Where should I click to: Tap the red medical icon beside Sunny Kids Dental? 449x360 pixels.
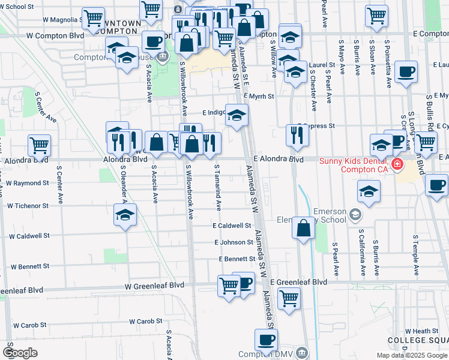(x=397, y=164)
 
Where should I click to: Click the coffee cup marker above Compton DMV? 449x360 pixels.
(x=266, y=340)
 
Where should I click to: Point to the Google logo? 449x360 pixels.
(x=20, y=353)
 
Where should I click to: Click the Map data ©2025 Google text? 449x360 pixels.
(x=411, y=355)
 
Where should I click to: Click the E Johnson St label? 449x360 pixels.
(x=234, y=242)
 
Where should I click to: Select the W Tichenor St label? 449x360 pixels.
(x=28, y=206)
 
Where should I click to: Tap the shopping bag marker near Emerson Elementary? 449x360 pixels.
(x=304, y=227)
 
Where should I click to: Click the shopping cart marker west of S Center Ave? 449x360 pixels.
(x=39, y=145)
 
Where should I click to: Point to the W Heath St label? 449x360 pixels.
(x=422, y=331)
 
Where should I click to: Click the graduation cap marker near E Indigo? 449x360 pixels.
(x=237, y=115)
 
